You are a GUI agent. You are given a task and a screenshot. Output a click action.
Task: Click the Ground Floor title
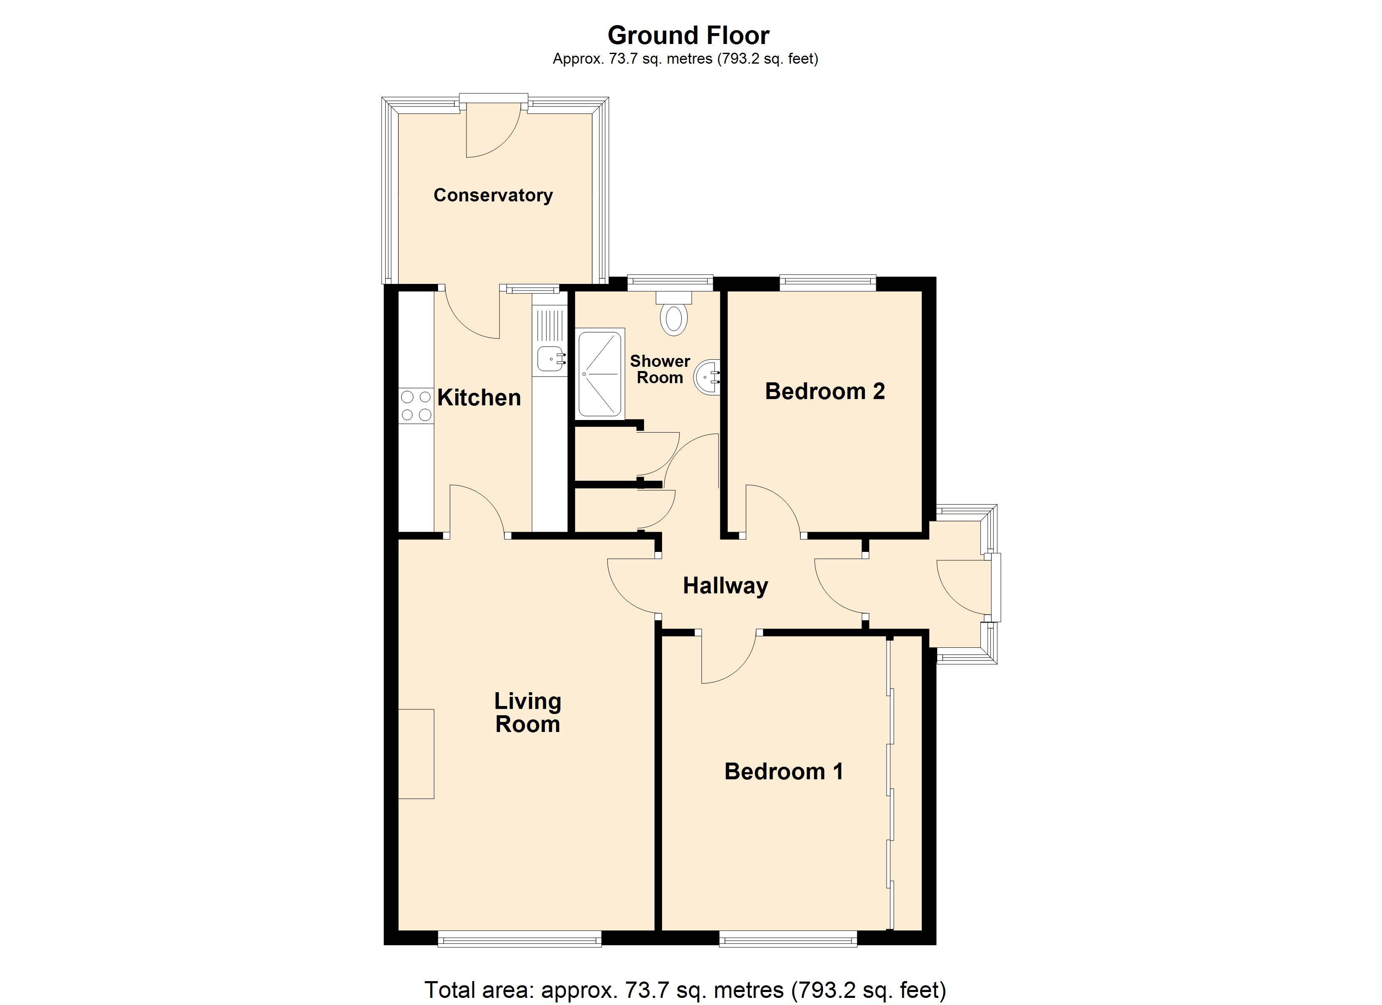click(x=688, y=35)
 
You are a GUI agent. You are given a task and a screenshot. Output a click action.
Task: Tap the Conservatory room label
click(x=492, y=195)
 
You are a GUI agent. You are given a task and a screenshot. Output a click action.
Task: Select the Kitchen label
click(x=479, y=397)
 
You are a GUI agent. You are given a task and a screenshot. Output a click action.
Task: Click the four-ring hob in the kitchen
click(x=416, y=406)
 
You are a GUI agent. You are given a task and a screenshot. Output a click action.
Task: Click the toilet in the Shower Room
click(x=673, y=315)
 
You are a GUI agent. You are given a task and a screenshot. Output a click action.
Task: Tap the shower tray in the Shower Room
click(x=600, y=374)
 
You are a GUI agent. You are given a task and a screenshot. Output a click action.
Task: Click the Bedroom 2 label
click(x=825, y=391)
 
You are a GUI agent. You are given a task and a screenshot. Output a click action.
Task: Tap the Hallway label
click(x=725, y=586)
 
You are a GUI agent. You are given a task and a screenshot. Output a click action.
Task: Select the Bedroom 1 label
click(x=783, y=772)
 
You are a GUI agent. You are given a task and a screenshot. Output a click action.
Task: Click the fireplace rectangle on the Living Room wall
click(x=416, y=754)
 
